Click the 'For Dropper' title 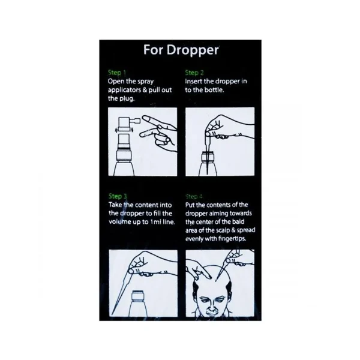click(x=181, y=50)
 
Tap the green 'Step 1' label click(x=117, y=73)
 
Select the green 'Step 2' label click(x=194, y=73)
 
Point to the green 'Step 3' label click(x=118, y=196)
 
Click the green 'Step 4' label click(x=194, y=197)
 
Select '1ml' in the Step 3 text click(x=155, y=222)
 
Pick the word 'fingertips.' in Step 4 click(x=232, y=239)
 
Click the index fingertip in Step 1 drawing click(x=145, y=118)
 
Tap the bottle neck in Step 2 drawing click(x=208, y=157)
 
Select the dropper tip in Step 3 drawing click(x=113, y=314)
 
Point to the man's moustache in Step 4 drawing click(x=211, y=311)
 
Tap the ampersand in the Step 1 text click(x=145, y=90)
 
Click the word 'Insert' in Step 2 click(x=194, y=81)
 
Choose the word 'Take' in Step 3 click(x=115, y=205)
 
